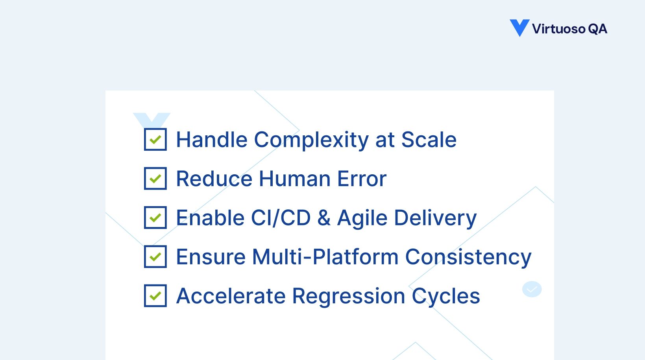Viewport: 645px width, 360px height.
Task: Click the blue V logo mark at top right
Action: pyautogui.click(x=519, y=28)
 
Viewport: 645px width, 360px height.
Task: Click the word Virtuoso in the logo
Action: pyautogui.click(x=558, y=29)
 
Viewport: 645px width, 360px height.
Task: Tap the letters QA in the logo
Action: pyautogui.click(x=597, y=29)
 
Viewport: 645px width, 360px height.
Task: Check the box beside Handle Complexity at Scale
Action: pyautogui.click(x=155, y=139)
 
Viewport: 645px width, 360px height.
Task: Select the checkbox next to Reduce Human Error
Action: pyautogui.click(x=155, y=178)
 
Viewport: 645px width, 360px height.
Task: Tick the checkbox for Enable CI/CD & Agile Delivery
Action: pyautogui.click(x=155, y=218)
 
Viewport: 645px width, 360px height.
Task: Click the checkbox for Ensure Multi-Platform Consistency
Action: pyautogui.click(x=155, y=257)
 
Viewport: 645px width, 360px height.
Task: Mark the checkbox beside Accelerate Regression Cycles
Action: pyautogui.click(x=155, y=295)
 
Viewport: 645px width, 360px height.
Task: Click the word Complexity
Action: pyautogui.click(x=311, y=140)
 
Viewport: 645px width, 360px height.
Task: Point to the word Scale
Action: pyautogui.click(x=429, y=140)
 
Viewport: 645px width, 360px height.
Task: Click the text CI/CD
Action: pyautogui.click(x=281, y=218)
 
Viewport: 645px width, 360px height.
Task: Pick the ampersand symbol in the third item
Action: pyautogui.click(x=324, y=218)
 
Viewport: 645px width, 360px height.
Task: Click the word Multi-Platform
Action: pyautogui.click(x=325, y=257)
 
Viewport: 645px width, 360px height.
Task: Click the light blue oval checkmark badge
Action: pyautogui.click(x=532, y=289)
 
